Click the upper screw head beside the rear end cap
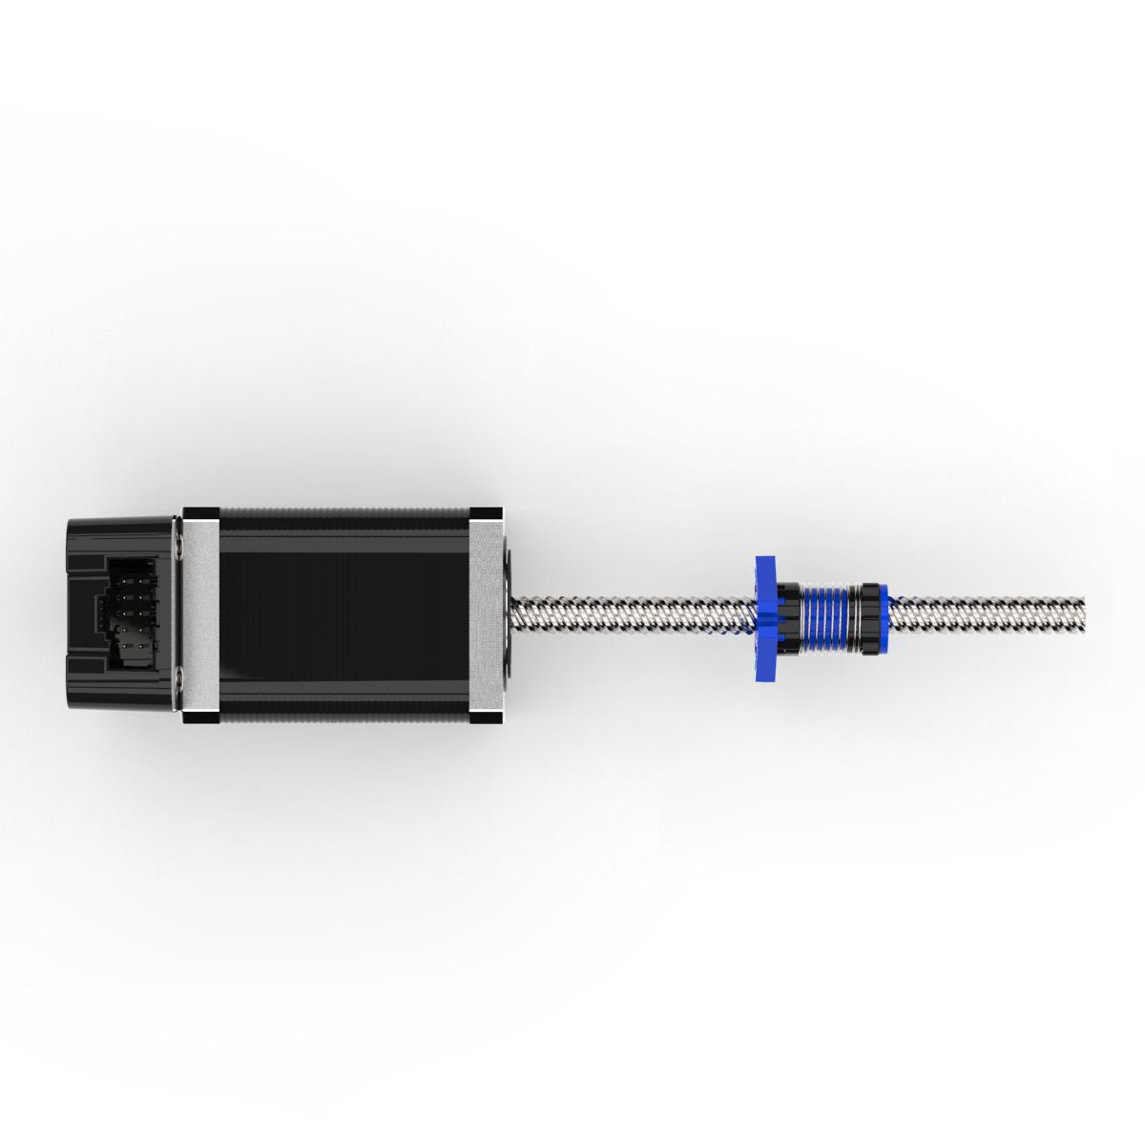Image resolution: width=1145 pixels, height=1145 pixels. (179, 544)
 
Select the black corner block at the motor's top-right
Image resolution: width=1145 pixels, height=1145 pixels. (486, 513)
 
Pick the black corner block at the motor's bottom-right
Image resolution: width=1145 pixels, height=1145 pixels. (486, 717)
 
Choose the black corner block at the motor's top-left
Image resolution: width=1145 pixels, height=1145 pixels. (200, 513)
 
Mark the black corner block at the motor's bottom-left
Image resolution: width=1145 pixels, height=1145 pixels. (200, 717)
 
